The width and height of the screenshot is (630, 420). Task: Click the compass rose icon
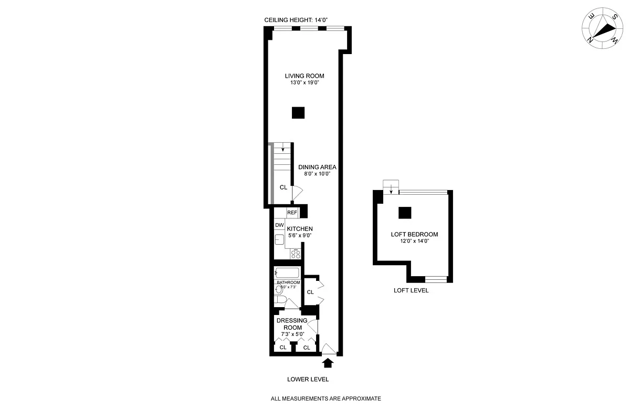point(602,30)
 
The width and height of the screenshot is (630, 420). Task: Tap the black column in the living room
point(298,113)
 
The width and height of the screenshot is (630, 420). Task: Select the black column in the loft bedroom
point(404,212)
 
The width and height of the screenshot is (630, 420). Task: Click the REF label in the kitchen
point(292,213)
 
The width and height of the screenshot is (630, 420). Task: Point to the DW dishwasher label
point(279,225)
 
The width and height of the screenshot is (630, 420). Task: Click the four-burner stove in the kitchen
point(296,254)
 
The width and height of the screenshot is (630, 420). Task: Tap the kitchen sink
point(279,240)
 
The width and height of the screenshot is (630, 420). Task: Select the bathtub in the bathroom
point(287,273)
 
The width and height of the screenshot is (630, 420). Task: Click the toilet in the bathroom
point(280,300)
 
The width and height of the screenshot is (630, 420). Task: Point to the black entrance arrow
point(328,362)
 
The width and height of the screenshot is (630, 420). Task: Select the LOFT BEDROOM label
point(414,234)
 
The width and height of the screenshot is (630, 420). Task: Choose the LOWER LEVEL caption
point(308,379)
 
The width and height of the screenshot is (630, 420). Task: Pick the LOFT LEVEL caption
point(411,290)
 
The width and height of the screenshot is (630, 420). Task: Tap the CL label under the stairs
point(283,187)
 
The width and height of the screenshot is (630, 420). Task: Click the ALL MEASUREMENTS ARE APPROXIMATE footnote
point(325,399)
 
